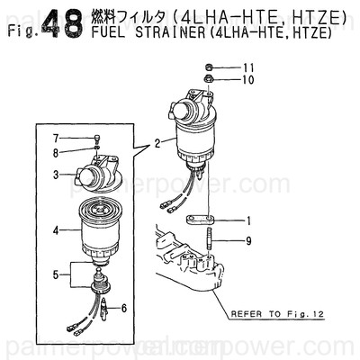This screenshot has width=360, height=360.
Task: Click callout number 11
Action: click(x=249, y=67)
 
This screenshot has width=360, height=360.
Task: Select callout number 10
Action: click(x=249, y=79)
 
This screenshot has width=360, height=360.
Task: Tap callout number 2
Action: click(x=157, y=141)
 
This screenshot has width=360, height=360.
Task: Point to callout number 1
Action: click(x=249, y=220)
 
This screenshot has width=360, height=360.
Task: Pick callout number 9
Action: click(x=249, y=240)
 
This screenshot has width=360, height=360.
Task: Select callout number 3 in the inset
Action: click(x=56, y=174)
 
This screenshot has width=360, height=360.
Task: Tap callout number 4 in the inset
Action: click(x=56, y=230)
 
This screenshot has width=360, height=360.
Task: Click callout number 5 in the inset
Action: click(x=56, y=274)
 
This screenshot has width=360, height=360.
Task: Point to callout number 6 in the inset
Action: click(x=123, y=308)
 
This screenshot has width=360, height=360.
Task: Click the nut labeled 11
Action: click(x=209, y=67)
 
